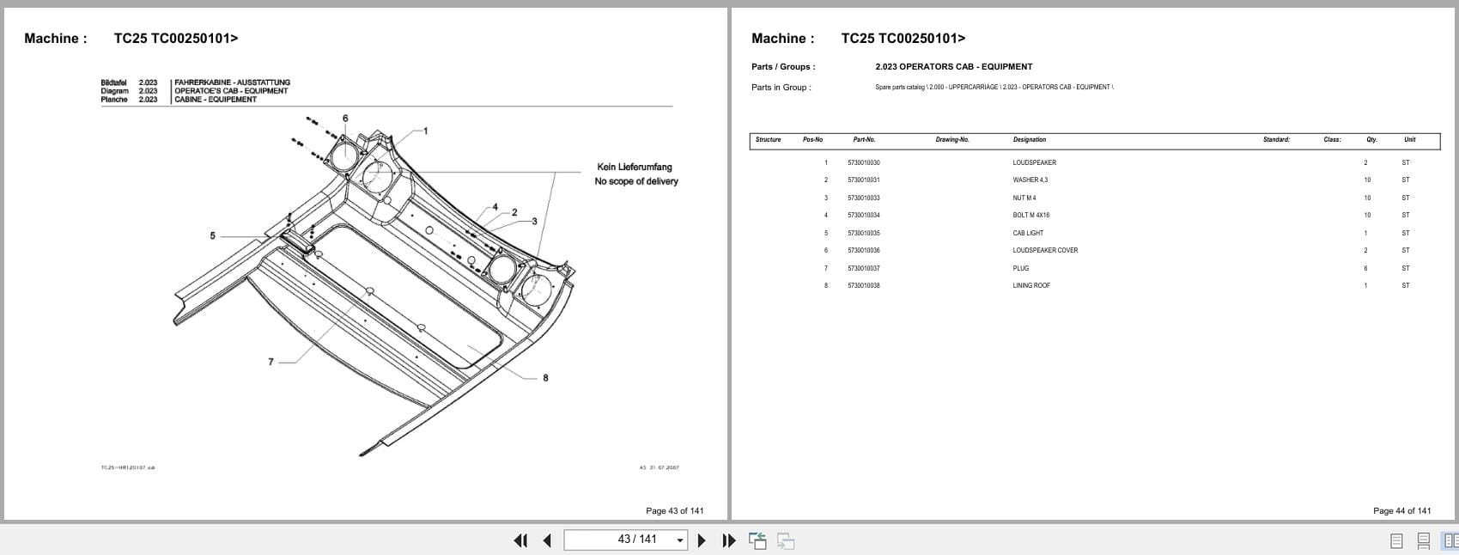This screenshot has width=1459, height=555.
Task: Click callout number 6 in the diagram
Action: [x=345, y=119]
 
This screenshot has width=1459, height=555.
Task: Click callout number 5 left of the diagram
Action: [x=213, y=235]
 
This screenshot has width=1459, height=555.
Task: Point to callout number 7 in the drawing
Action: [x=271, y=362]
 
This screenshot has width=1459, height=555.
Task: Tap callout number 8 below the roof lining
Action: [x=545, y=378]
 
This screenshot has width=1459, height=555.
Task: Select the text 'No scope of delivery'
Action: [x=636, y=181]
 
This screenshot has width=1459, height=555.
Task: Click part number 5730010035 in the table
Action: [x=863, y=233]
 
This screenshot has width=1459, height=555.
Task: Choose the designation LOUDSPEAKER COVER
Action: [x=1045, y=251]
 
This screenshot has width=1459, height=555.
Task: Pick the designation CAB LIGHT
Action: [x=1028, y=233]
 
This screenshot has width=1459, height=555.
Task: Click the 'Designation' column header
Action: [x=1030, y=140]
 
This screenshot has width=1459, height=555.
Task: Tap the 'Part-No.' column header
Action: [x=864, y=140]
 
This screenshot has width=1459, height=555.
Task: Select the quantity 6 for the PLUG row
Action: [x=1365, y=268]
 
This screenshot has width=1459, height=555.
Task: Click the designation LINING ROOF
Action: [x=1031, y=285]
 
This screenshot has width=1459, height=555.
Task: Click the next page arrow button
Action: [x=702, y=540]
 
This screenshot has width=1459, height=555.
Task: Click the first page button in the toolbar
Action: [x=520, y=540]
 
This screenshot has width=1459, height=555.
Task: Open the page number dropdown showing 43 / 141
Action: [x=681, y=540]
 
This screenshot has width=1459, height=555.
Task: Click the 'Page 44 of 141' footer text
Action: [x=1401, y=510]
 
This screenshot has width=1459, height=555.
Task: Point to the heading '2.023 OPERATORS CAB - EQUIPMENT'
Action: [x=953, y=67]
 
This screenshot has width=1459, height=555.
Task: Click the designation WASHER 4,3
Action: [x=1030, y=180]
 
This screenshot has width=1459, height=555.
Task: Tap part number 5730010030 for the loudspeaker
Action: [x=863, y=162]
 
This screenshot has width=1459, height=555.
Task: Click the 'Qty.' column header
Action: [x=1371, y=140]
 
